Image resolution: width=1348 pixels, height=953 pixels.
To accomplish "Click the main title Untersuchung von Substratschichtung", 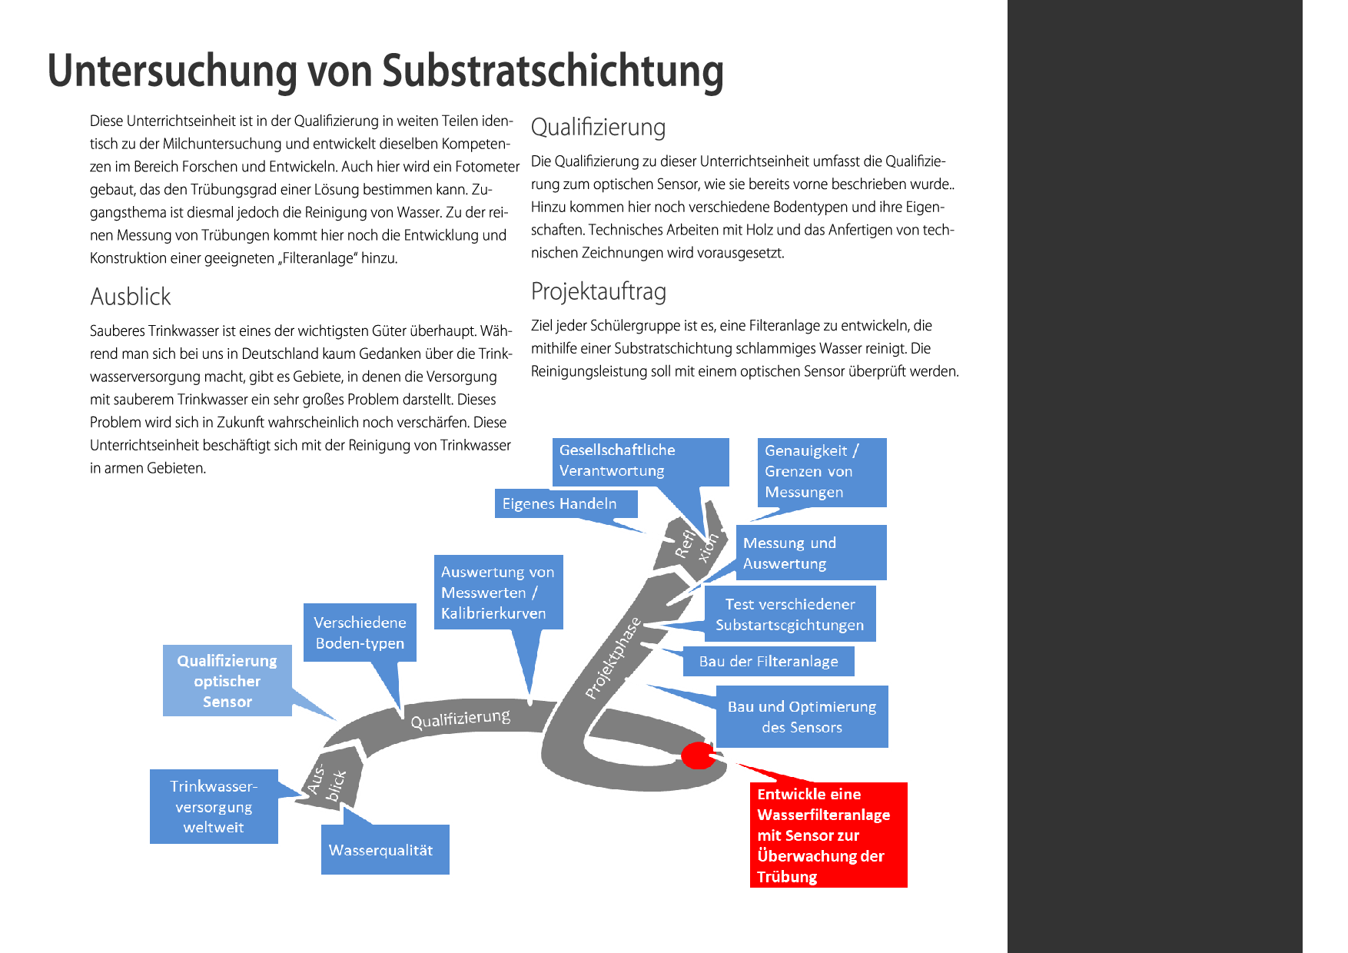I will tap(385, 71).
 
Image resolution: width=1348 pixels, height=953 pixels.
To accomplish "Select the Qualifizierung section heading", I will tap(598, 128).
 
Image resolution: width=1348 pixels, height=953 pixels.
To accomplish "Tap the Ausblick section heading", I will tap(130, 297).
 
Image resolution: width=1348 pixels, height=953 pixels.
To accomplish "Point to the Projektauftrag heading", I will tap(598, 292).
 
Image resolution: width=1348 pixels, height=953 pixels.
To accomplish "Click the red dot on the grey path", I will tap(698, 755).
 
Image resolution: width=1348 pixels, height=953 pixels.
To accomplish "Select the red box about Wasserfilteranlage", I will tap(828, 835).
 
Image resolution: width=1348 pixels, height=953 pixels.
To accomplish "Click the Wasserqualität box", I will tap(384, 850).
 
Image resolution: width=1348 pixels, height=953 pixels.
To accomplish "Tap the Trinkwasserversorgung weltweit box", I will tap(214, 807).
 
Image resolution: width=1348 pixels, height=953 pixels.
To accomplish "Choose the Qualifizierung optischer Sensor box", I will tap(227, 681).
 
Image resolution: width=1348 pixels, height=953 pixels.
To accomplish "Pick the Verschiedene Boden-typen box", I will tap(360, 633).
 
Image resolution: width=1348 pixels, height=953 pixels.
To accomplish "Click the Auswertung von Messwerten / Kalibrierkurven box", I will tap(497, 593).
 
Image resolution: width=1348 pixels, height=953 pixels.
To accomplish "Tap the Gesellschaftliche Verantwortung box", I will tap(639, 461).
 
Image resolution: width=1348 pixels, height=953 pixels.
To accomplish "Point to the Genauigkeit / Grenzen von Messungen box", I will tap(821, 472).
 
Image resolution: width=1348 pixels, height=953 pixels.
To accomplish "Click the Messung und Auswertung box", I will tap(810, 553).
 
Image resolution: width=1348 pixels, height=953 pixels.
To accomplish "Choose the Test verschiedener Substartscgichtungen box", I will tap(789, 614).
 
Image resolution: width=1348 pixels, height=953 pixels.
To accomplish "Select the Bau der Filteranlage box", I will tap(768, 662).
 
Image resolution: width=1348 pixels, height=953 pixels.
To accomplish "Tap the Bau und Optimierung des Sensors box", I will tap(802, 716).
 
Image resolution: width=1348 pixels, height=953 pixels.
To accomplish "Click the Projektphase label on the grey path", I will tap(613, 659).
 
